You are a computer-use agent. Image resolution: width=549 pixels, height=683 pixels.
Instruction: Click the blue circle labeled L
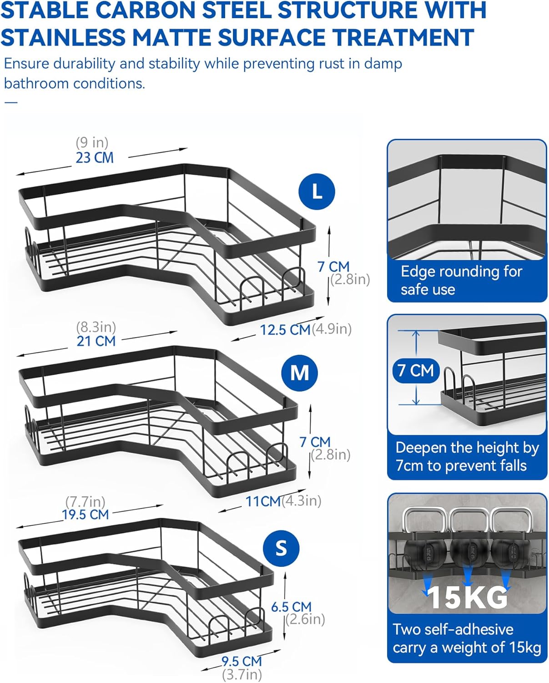(317, 191)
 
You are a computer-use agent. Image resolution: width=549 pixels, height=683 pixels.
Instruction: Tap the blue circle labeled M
(299, 372)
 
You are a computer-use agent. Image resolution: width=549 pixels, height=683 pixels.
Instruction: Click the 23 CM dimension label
(95, 158)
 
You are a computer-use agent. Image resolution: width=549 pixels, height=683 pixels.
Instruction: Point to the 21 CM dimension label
(96, 341)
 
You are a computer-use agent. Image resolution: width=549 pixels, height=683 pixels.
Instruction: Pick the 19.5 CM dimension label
(86, 515)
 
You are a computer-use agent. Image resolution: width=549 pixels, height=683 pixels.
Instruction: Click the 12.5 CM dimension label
(285, 330)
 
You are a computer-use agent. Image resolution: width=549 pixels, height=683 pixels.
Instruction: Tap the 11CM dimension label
(263, 501)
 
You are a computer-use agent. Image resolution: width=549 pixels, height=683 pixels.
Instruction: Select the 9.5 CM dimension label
(242, 661)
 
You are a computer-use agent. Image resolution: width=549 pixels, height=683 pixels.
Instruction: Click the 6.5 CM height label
(291, 607)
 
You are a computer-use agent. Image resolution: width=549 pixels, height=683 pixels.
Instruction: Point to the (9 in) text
(92, 143)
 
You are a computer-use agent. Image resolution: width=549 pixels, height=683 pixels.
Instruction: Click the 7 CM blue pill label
(416, 370)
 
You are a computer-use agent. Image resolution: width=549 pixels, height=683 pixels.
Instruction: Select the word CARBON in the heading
(145, 10)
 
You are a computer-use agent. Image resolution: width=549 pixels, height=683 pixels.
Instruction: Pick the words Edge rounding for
(461, 272)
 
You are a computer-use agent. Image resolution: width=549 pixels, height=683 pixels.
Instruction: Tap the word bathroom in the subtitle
(36, 83)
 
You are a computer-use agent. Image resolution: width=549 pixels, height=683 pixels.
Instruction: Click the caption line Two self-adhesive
(453, 629)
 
